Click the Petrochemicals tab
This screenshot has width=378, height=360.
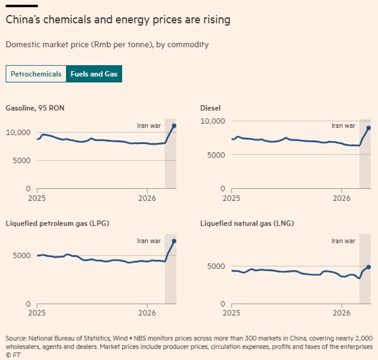pyautogui.click(x=36, y=74)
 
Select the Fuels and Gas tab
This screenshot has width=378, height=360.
pyautogui.click(x=94, y=74)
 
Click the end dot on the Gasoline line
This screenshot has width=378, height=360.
pyautogui.click(x=174, y=126)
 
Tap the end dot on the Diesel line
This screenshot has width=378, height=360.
pyautogui.click(x=369, y=128)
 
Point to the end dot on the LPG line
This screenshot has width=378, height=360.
pyautogui.click(x=174, y=241)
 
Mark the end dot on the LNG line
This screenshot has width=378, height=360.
pyautogui.click(x=369, y=267)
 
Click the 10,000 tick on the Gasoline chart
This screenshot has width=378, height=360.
pyautogui.click(x=17, y=132)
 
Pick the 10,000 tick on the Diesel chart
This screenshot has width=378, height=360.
pyautogui.click(x=212, y=121)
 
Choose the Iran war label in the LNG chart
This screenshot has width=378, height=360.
pyautogui.click(x=344, y=241)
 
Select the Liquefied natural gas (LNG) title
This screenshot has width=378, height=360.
pyautogui.click(x=247, y=223)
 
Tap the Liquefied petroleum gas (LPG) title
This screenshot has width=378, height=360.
pyautogui.click(x=58, y=223)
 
